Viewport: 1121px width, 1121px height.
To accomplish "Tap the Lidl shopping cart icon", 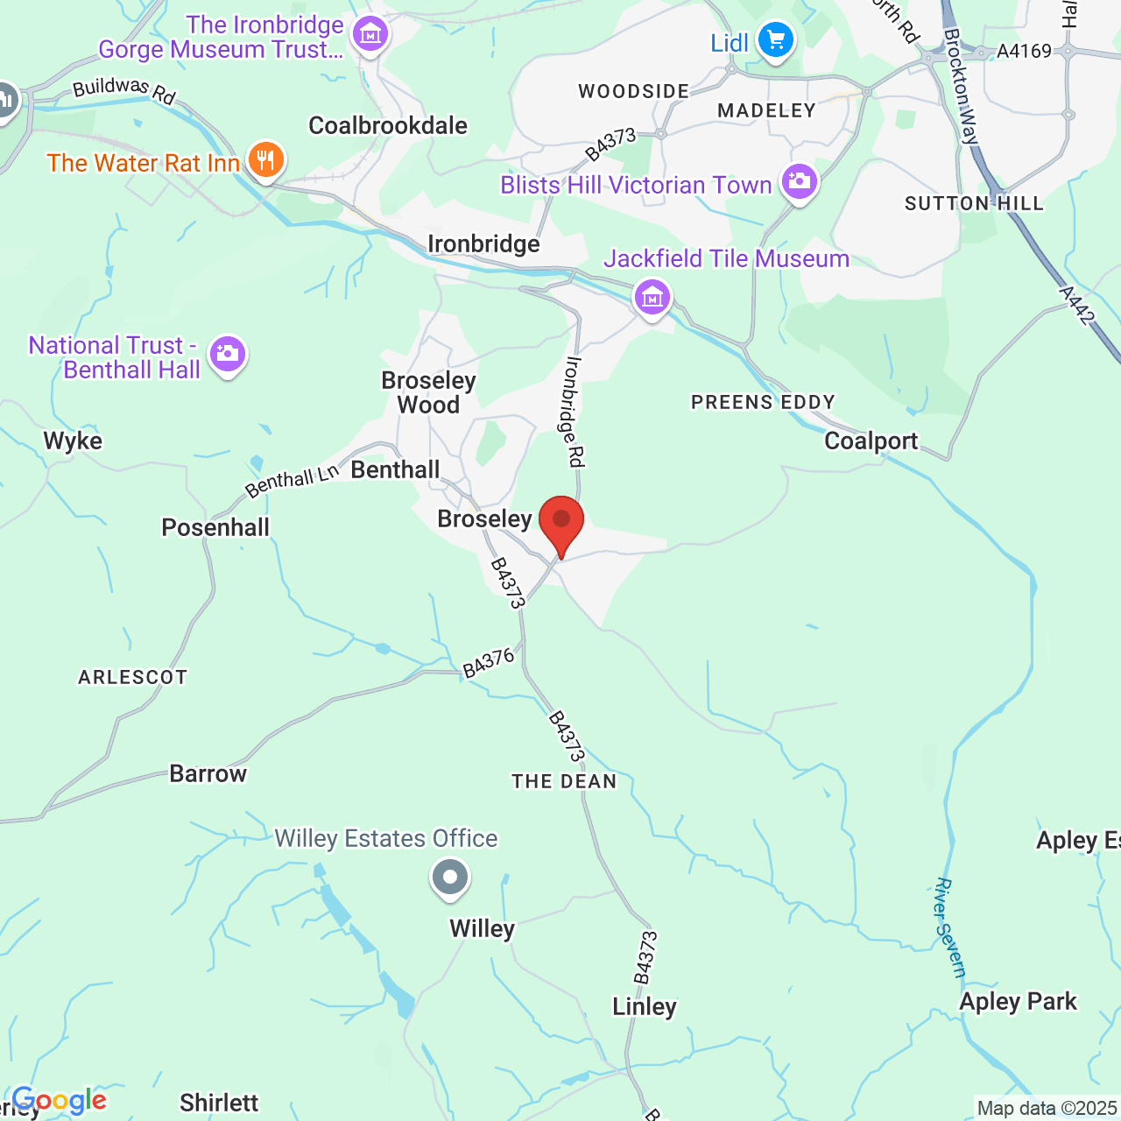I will coord(775,39).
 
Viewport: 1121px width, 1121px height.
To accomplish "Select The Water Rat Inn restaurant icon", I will coord(265,160).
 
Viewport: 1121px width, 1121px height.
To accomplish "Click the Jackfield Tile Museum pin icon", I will coord(652,297).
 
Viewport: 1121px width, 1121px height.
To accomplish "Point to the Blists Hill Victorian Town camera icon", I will coord(800,181).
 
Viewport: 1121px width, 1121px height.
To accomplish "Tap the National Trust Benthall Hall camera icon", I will coord(228,354).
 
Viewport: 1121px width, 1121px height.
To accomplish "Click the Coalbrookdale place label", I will coord(388,125).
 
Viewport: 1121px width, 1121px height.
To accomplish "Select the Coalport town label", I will coord(871,441).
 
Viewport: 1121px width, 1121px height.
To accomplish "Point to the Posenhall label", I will coord(215,527).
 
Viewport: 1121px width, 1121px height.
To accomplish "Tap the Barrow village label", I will coord(208,773).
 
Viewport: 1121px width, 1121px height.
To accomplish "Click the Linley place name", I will coord(645,1006).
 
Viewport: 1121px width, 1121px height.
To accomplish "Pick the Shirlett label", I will coord(219,1103).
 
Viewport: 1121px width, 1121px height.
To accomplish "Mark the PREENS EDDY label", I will coord(763,402).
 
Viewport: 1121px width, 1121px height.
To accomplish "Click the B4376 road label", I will coord(489,664).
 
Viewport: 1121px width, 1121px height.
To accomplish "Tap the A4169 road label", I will coord(1024,51).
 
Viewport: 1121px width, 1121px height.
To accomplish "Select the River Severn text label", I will coord(949,927).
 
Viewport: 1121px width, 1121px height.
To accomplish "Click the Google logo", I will coord(60,1101).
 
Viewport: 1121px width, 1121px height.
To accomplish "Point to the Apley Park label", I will coord(1018,1001).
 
